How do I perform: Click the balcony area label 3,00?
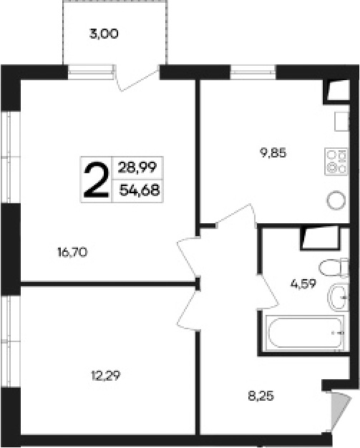point(104,33)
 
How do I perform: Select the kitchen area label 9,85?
point(273,151)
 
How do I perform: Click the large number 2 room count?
point(97,179)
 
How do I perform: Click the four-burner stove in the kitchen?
point(335,160)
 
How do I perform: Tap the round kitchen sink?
point(335,200)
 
